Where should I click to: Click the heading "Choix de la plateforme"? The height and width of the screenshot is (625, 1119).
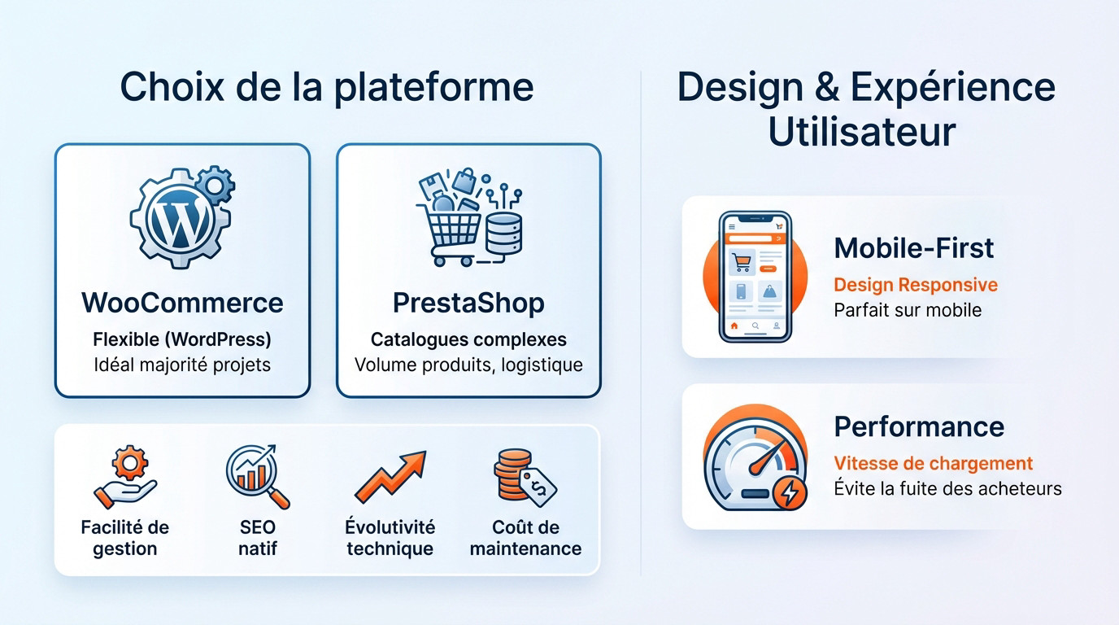coord(326,88)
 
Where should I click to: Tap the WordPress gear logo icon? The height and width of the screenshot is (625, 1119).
coord(181,218)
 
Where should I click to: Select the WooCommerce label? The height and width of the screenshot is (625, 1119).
coord(182,303)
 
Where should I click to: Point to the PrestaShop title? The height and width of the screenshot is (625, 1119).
coord(468,303)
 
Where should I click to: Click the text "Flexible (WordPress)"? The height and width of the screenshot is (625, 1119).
coord(182,339)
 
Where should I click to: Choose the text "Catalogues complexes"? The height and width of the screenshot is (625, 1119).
coord(468,339)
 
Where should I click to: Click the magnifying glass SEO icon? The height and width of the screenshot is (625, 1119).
coord(256,476)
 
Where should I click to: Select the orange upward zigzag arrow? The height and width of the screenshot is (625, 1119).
coord(391,478)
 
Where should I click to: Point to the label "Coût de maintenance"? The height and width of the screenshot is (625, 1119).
coord(525,538)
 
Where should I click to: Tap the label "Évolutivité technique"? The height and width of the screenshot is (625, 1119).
coord(390,538)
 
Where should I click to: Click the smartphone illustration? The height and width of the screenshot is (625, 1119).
coord(755,277)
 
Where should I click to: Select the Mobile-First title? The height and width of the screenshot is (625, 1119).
coord(913,247)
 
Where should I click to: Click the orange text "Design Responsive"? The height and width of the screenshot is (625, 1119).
coord(916,285)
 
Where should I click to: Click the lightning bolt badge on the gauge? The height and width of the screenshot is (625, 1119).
coord(790,492)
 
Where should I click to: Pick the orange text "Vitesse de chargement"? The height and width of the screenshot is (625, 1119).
coord(933,464)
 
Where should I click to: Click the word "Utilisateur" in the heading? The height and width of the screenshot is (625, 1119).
coord(861,132)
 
